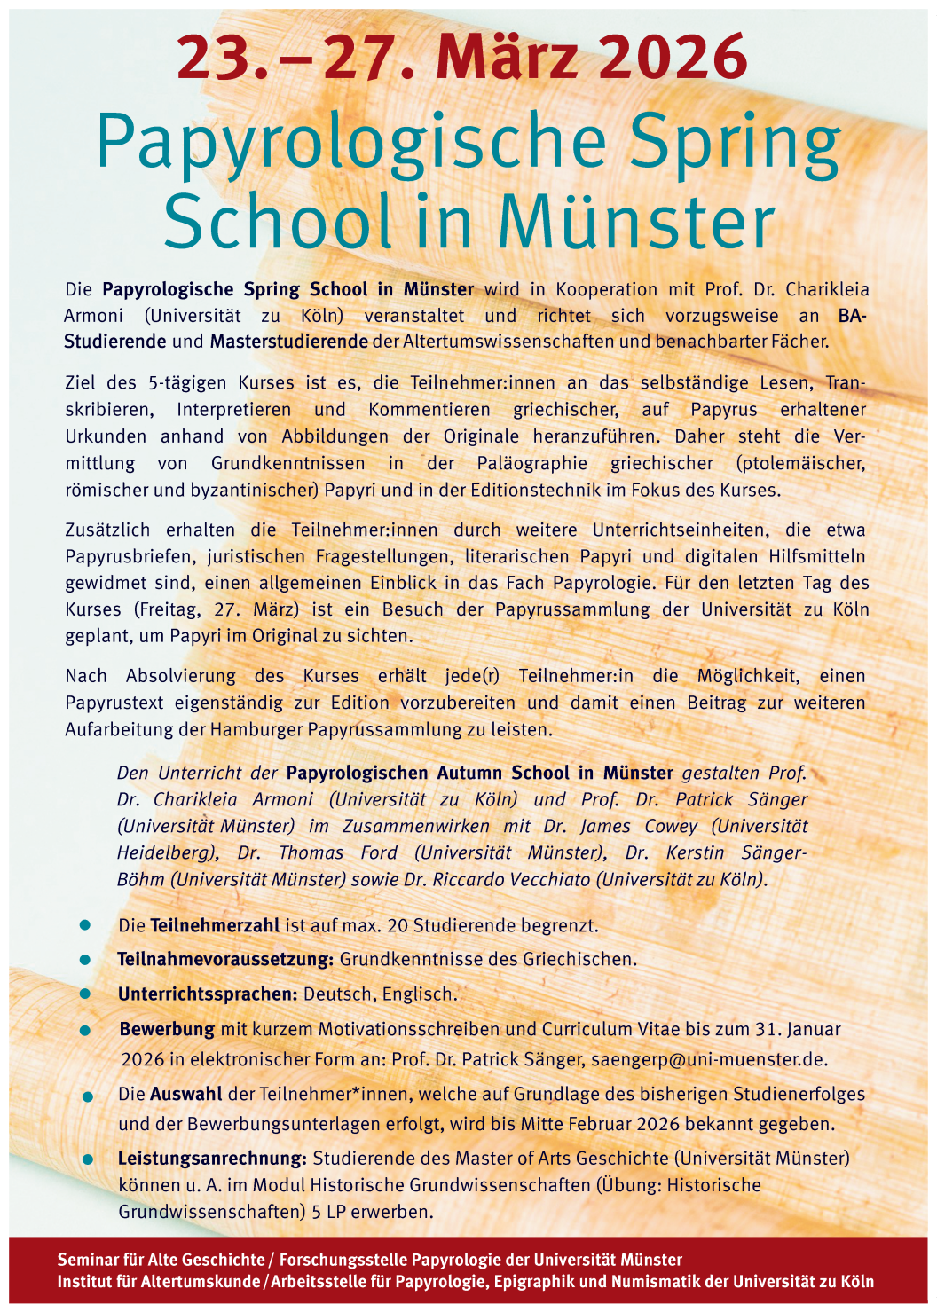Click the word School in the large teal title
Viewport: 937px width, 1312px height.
(x=277, y=222)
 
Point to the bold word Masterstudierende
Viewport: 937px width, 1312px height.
(x=288, y=342)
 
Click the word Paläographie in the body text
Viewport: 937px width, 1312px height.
(x=531, y=463)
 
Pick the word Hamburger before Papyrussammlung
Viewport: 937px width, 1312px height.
(x=256, y=729)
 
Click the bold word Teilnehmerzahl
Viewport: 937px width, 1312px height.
(x=214, y=925)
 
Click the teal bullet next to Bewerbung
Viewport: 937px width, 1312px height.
(x=85, y=1031)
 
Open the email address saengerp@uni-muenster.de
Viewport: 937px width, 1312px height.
(x=709, y=1059)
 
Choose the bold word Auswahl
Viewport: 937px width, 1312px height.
(x=185, y=1095)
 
